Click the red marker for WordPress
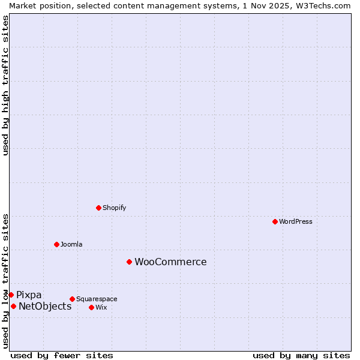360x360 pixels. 275,221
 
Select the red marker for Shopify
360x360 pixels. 98,208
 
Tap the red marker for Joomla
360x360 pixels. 56,244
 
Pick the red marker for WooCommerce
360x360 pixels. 129,262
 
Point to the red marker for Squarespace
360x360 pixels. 72,299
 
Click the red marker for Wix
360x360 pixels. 91,307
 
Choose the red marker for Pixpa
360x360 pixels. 11,295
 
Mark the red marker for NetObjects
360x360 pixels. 13,306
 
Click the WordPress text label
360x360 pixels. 296,221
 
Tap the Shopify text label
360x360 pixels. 115,208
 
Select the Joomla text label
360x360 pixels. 71,244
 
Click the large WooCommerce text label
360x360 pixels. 170,262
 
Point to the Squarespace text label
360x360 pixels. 97,299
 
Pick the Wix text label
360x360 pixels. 101,307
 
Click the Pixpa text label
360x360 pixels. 29,295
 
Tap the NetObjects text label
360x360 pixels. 45,306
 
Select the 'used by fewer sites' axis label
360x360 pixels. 62,355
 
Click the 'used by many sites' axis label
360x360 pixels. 301,355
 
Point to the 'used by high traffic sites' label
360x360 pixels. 5,85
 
